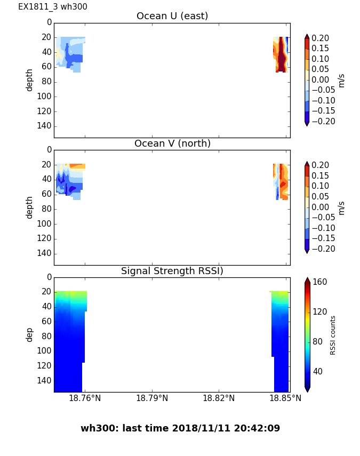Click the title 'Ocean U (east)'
click(172, 16)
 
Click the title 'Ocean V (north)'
click(172, 143)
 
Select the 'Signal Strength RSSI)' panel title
click(172, 271)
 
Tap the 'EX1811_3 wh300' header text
click(53, 7)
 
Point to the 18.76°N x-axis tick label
click(85, 398)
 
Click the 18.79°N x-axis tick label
click(152, 398)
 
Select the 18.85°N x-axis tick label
click(285, 398)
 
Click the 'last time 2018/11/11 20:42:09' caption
click(180, 428)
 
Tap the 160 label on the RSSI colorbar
click(320, 282)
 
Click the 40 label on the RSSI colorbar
click(318, 371)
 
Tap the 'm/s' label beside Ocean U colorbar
click(341, 80)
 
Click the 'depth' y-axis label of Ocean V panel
click(30, 207)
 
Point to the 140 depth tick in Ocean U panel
click(45, 126)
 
